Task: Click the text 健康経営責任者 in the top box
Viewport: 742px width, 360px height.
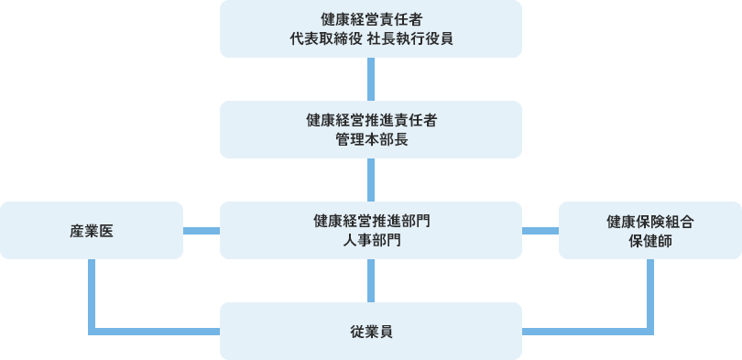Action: pos(371,19)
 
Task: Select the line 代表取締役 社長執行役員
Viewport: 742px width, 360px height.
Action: pos(371,39)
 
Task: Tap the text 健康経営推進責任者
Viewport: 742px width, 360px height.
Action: pos(371,120)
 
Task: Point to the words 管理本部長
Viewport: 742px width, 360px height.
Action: pos(371,140)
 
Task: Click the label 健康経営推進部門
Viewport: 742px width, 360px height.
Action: pos(371,221)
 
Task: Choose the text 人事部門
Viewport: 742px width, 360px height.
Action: pos(371,241)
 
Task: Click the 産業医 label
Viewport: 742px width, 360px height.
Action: pos(92,230)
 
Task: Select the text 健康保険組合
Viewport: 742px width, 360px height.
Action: pos(649,221)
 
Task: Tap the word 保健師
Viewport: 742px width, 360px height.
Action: pos(649,241)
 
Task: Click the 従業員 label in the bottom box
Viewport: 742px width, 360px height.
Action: pos(371,331)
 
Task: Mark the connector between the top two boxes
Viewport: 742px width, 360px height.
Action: pos(371,79)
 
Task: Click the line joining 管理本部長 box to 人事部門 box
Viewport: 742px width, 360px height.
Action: pos(371,180)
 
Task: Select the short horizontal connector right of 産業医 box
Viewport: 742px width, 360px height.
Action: pos(202,230)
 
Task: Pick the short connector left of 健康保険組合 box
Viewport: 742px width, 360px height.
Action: pos(540,230)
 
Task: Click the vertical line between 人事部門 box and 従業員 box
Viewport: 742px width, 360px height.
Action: pos(371,280)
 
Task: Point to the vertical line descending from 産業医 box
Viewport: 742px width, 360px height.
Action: pos(92,293)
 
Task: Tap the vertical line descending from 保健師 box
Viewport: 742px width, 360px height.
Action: pos(649,293)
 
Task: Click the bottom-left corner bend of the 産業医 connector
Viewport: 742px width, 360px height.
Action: pos(93,330)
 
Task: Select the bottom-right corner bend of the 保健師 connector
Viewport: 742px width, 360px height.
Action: pos(649,330)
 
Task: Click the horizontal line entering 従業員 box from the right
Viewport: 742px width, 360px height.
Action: pos(586,330)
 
